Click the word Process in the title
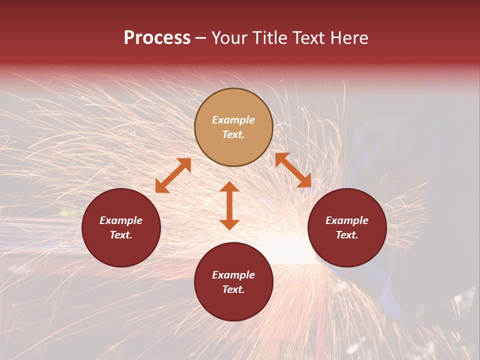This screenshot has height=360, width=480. (x=157, y=38)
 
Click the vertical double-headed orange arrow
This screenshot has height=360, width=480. (x=229, y=205)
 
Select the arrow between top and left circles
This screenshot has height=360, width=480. (x=173, y=175)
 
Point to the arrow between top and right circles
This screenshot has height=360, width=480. (x=293, y=170)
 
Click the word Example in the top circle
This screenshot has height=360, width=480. (x=233, y=120)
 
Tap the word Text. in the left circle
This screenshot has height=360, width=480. (x=121, y=235)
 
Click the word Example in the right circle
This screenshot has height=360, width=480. (x=347, y=220)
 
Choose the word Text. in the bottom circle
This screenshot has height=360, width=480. (x=233, y=289)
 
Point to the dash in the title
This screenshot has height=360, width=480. (x=200, y=38)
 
